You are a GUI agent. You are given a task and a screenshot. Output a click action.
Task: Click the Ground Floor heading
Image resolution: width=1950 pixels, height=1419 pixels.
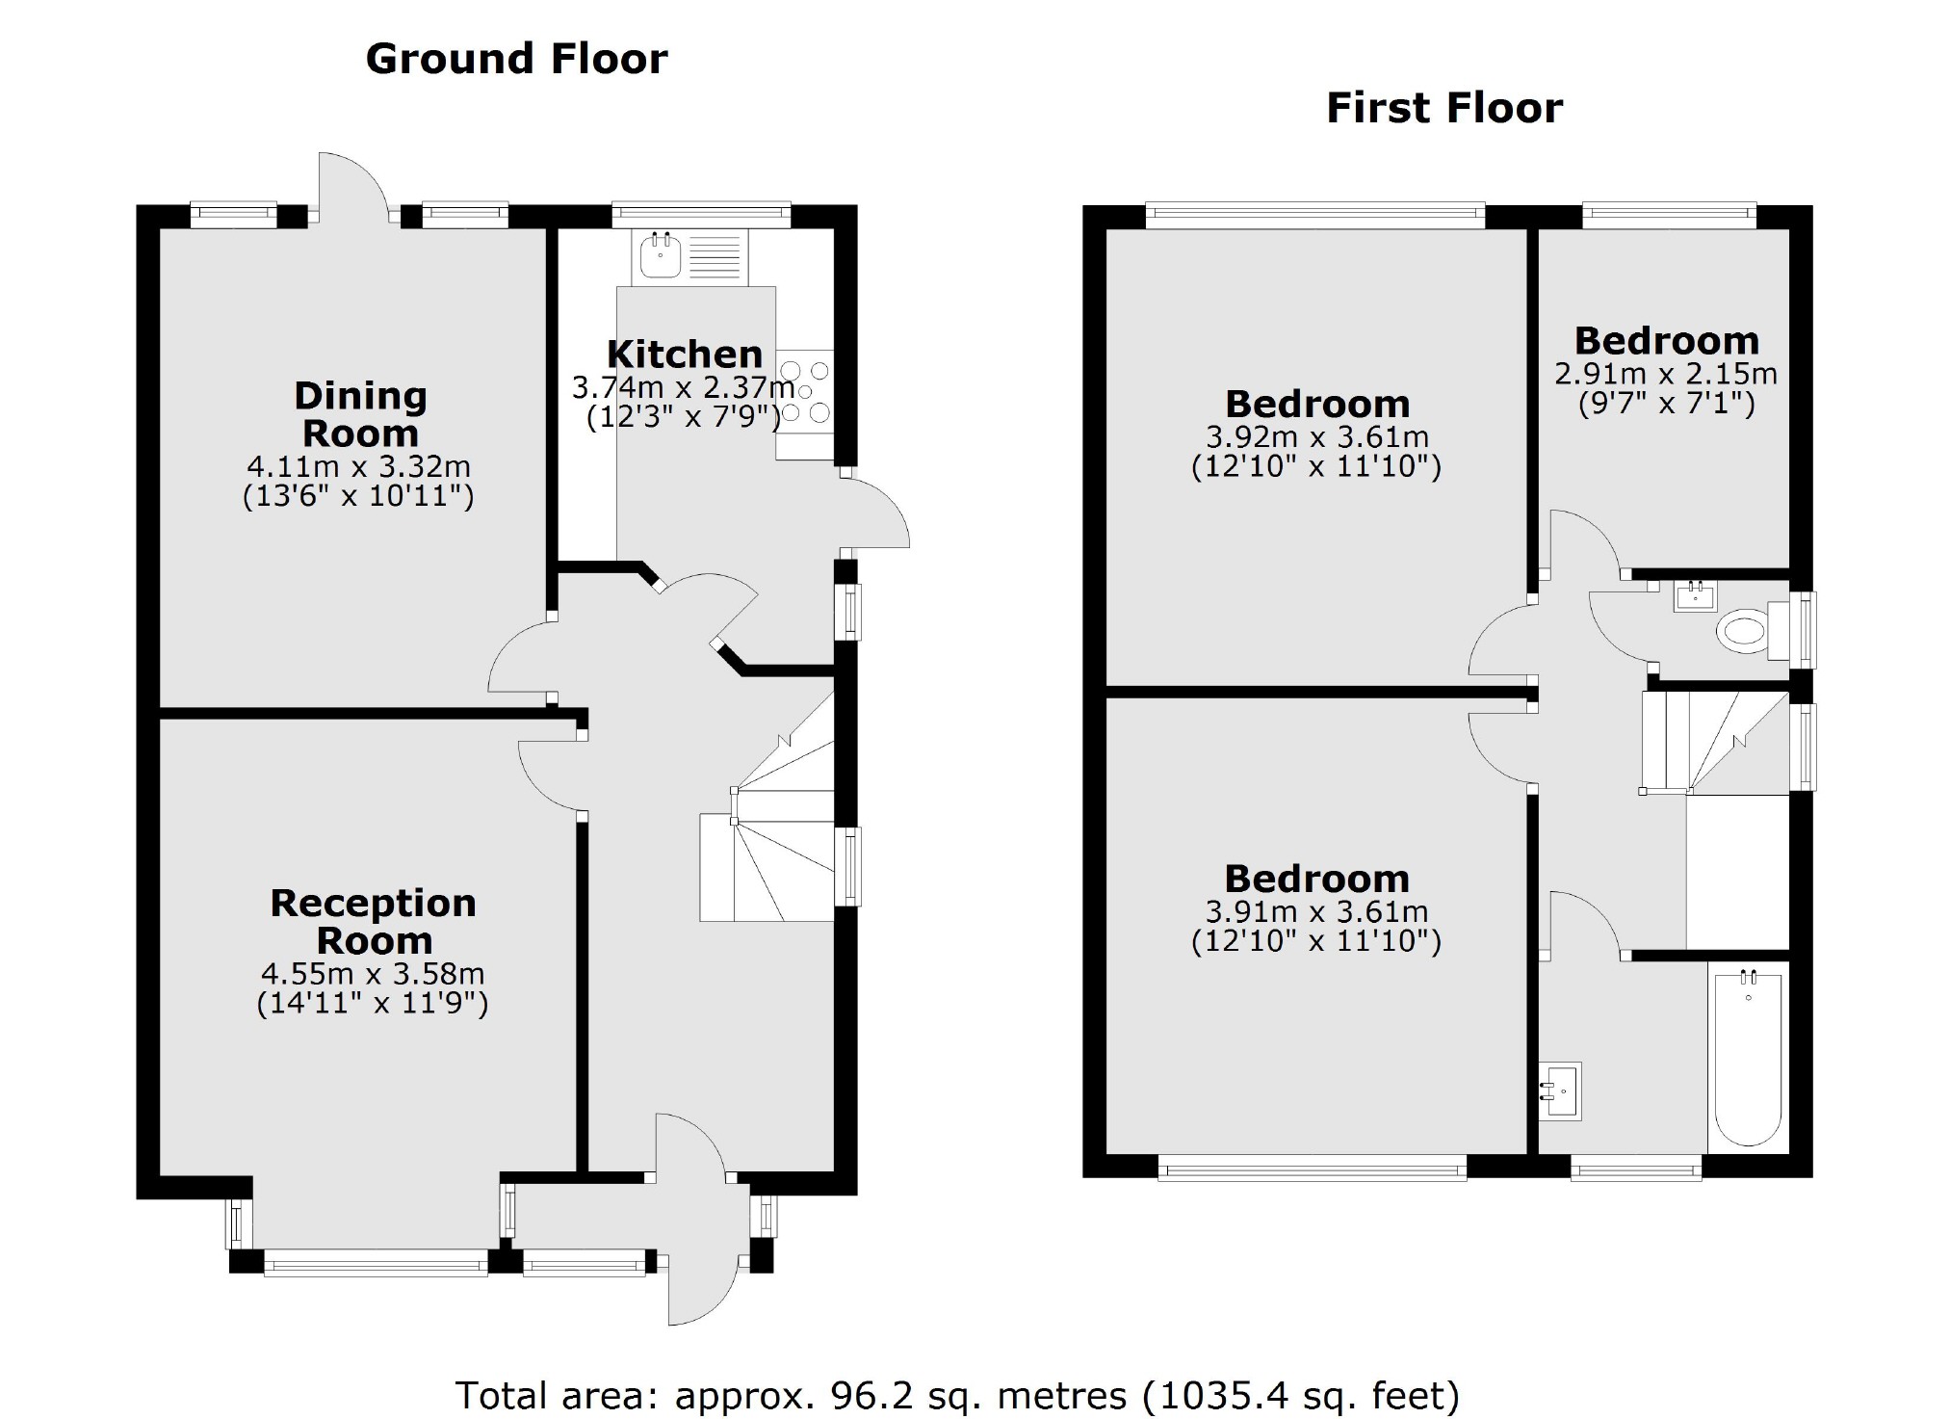click(x=516, y=59)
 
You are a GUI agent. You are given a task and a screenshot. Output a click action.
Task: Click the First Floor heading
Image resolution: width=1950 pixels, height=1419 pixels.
click(x=1443, y=108)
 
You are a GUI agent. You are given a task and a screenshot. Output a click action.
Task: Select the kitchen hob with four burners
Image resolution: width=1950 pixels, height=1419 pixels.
click(x=805, y=392)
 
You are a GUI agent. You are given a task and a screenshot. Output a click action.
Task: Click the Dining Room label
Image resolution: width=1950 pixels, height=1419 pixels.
click(x=360, y=414)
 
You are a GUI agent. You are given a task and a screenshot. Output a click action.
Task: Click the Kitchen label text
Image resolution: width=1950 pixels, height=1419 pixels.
click(x=684, y=355)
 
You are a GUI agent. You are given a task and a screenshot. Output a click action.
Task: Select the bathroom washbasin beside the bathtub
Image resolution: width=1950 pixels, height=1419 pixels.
click(x=1560, y=1091)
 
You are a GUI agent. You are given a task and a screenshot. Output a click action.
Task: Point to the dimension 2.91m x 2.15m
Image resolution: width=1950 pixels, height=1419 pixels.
click(x=1666, y=374)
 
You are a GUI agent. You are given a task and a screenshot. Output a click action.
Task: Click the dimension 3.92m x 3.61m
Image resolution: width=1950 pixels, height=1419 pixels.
click(x=1316, y=437)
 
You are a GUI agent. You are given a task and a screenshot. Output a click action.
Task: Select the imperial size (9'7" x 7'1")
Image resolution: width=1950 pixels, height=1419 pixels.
click(x=1666, y=403)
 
